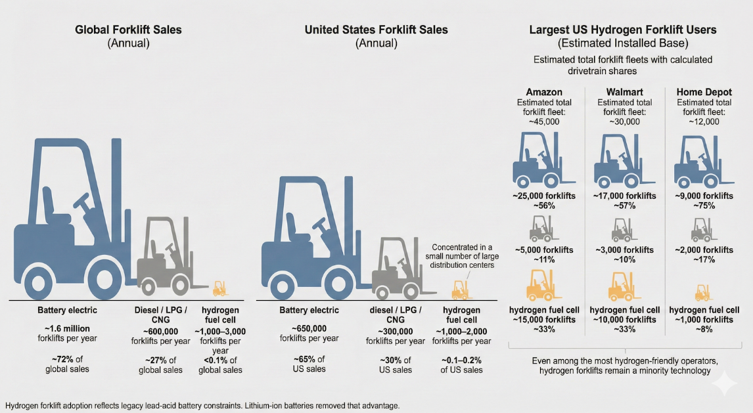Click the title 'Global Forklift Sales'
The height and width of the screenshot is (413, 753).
click(x=128, y=30)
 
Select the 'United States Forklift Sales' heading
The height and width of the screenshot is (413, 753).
click(x=376, y=30)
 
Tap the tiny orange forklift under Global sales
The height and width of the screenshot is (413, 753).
click(x=219, y=288)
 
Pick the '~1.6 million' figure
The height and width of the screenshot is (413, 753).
click(x=66, y=328)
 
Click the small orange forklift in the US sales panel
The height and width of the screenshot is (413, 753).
click(x=460, y=289)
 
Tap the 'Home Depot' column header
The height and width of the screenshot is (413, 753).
click(x=704, y=92)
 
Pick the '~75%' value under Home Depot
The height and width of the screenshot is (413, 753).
click(x=704, y=206)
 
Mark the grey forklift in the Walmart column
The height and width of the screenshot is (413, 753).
click(x=621, y=229)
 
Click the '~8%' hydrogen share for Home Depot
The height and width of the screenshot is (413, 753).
click(x=704, y=330)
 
